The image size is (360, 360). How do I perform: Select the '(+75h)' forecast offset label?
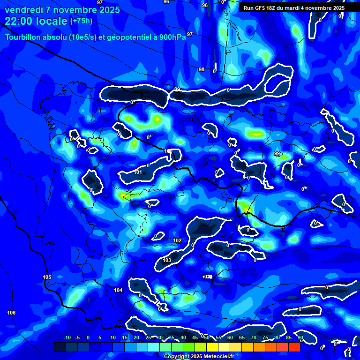coord(81,21)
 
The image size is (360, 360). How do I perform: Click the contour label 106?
coord(11,313)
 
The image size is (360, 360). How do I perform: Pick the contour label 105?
coord(47,277)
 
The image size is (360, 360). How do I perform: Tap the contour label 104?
coord(118,291)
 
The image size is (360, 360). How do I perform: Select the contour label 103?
coord(167,260)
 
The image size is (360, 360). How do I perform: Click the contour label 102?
coord(177,240)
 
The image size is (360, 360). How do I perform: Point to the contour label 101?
coord(138,172)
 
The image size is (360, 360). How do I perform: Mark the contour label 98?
coord(202,69)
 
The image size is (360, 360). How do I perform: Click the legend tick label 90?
coord(300,337)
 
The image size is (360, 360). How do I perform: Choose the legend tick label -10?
coord(67,337)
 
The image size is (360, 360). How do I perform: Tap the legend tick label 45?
coord(195,337)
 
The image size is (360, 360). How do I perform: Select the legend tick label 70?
coord(254,337)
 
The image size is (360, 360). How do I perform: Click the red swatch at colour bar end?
coord(294,347)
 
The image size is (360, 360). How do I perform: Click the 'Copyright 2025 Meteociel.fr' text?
coord(199,356)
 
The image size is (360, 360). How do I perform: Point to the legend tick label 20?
coord(136,337)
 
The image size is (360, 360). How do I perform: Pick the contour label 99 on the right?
coord(277,153)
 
